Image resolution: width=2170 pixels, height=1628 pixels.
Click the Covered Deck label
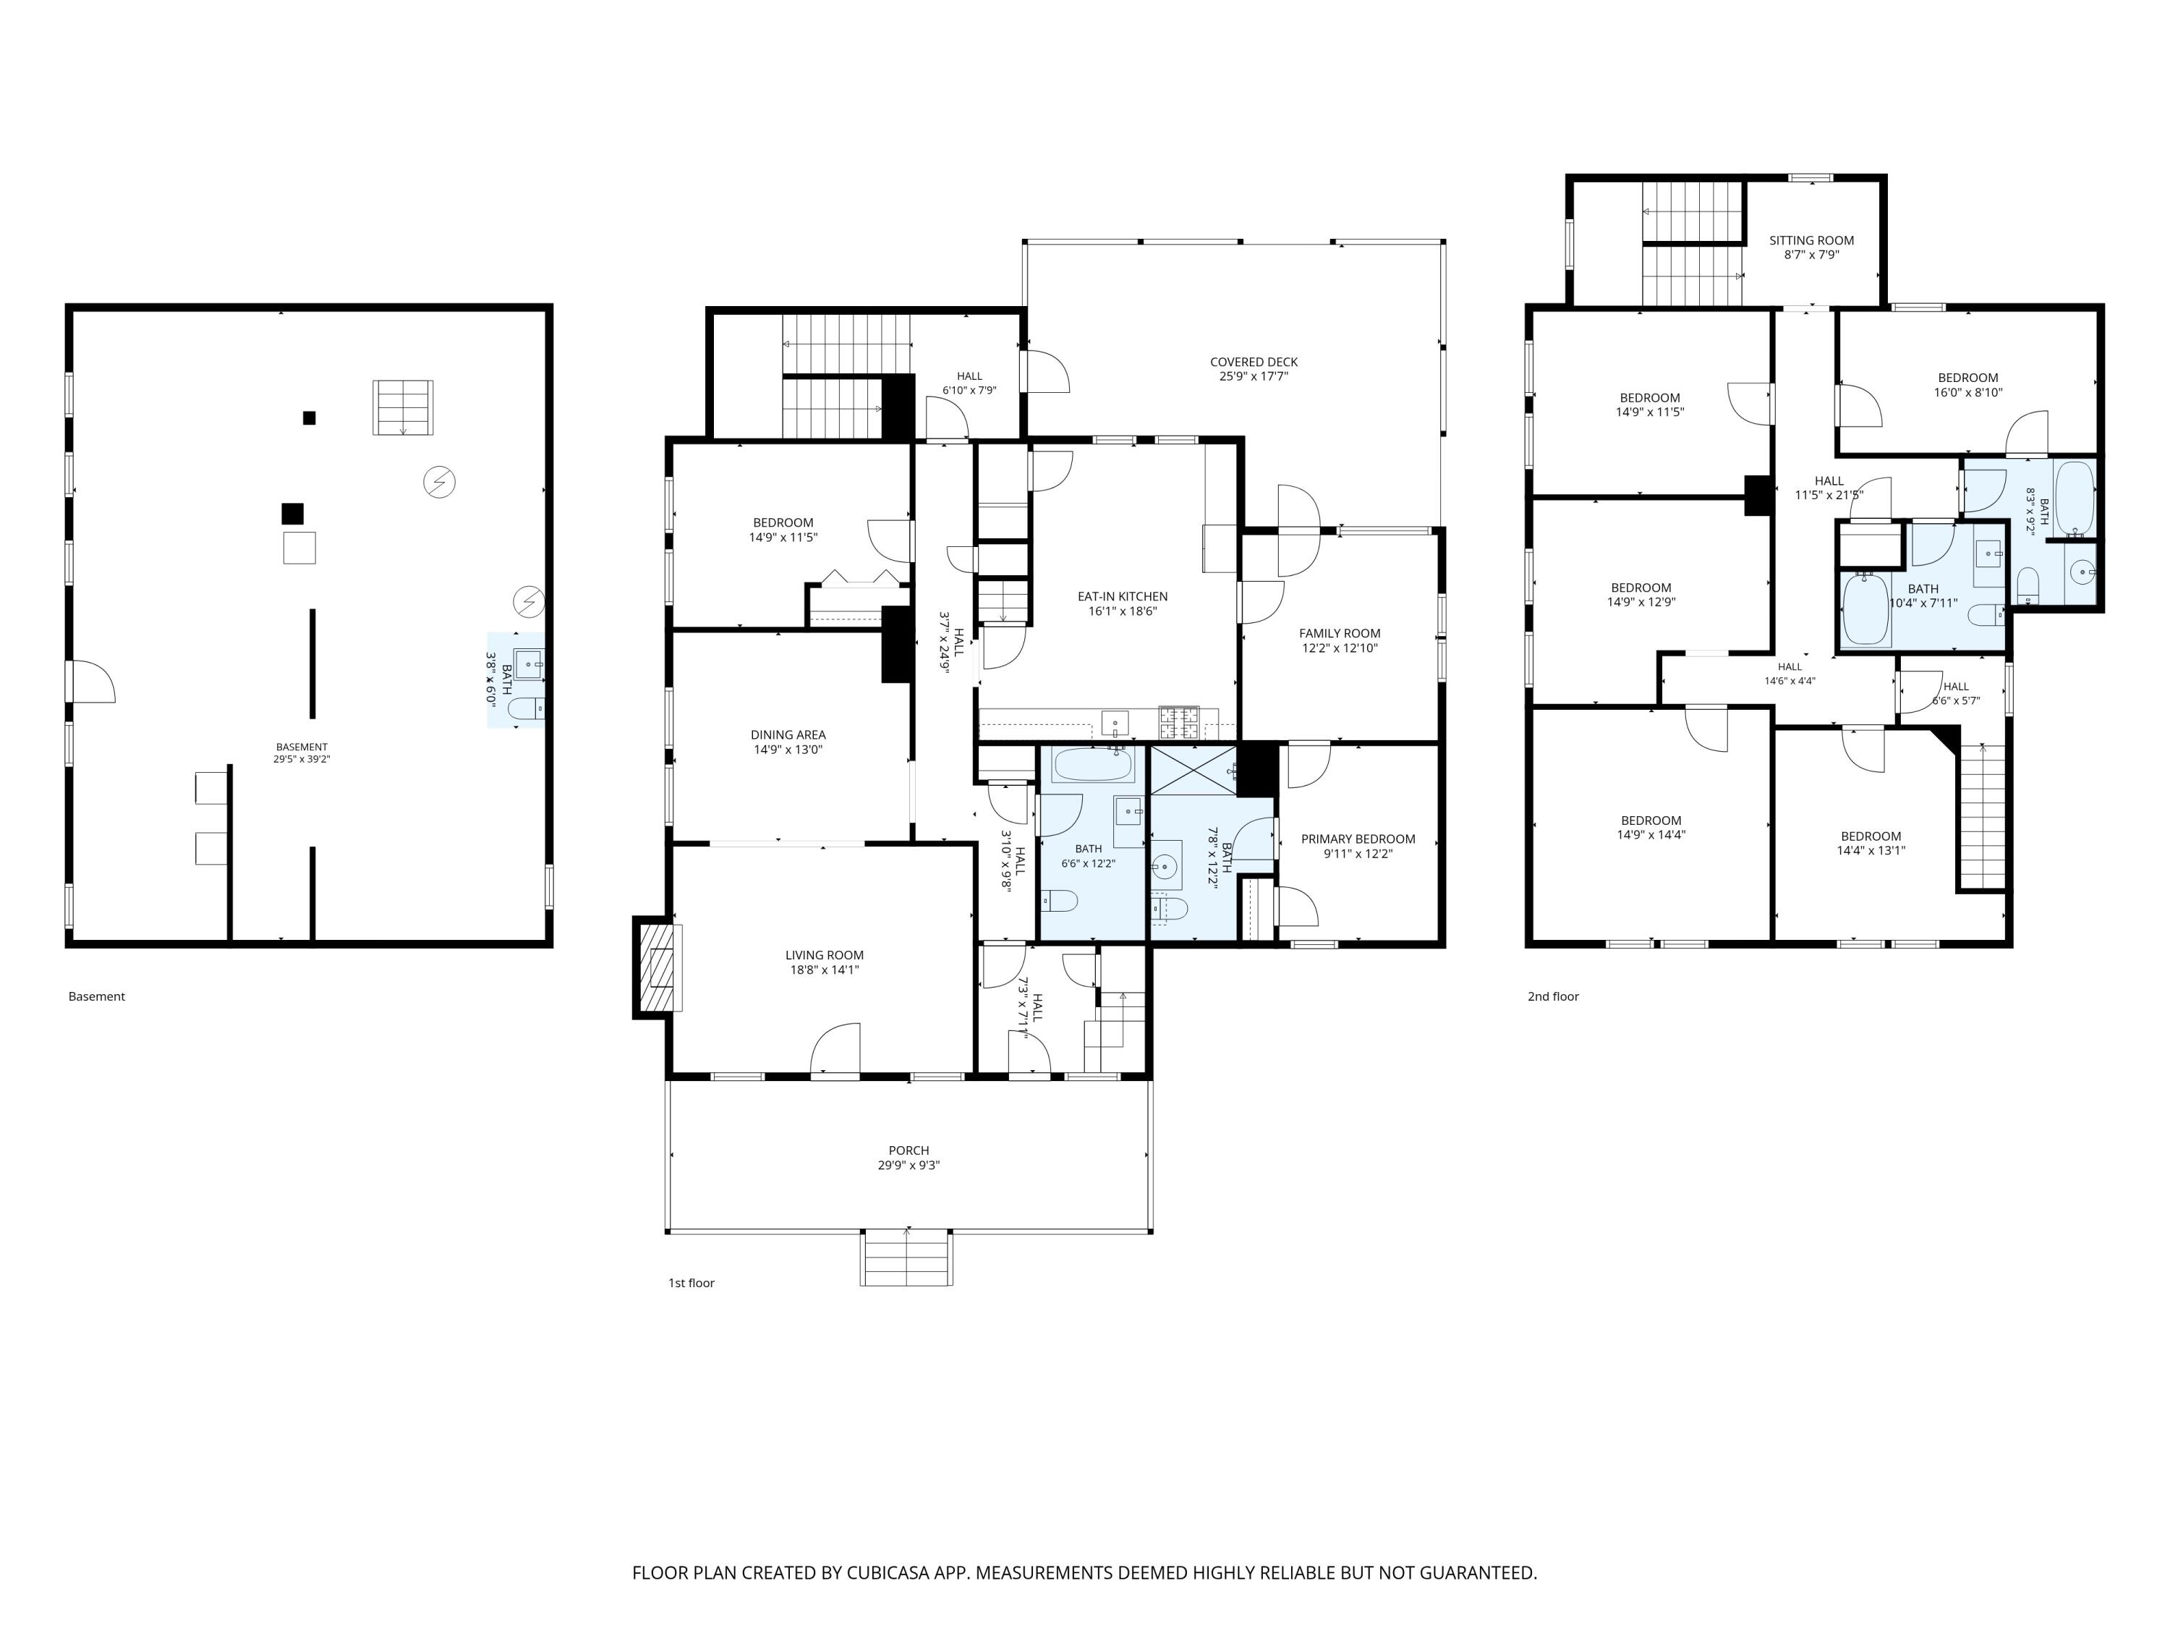(x=1253, y=362)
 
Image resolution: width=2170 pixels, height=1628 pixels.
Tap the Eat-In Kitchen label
(x=1123, y=597)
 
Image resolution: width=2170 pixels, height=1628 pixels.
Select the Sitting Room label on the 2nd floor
(x=1811, y=240)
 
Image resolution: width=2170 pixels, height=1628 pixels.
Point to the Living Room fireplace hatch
(x=658, y=967)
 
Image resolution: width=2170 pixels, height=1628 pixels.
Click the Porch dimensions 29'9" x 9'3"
(x=909, y=1166)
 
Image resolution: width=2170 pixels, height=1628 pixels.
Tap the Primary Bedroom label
(x=1358, y=839)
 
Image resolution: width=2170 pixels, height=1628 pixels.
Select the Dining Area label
(x=788, y=735)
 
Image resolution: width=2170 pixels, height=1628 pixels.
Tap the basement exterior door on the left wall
(x=90, y=681)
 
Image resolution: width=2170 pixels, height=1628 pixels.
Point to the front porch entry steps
(x=906, y=1258)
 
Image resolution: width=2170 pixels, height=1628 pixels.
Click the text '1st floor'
(x=692, y=1284)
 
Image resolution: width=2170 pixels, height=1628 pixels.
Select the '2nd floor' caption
(x=1553, y=997)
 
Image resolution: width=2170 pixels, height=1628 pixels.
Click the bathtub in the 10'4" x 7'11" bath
(x=1865, y=609)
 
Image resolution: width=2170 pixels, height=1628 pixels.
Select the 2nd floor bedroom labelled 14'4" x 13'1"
(x=1871, y=844)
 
